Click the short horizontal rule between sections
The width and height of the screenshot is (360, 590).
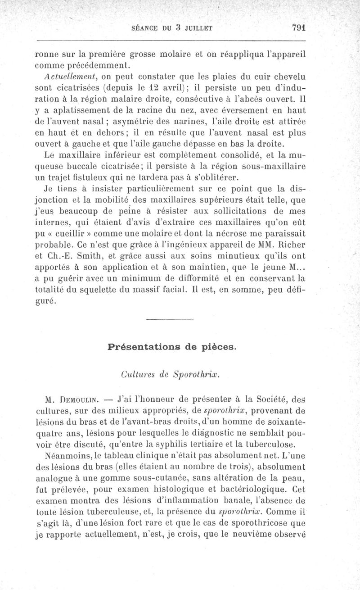click(170, 320)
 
